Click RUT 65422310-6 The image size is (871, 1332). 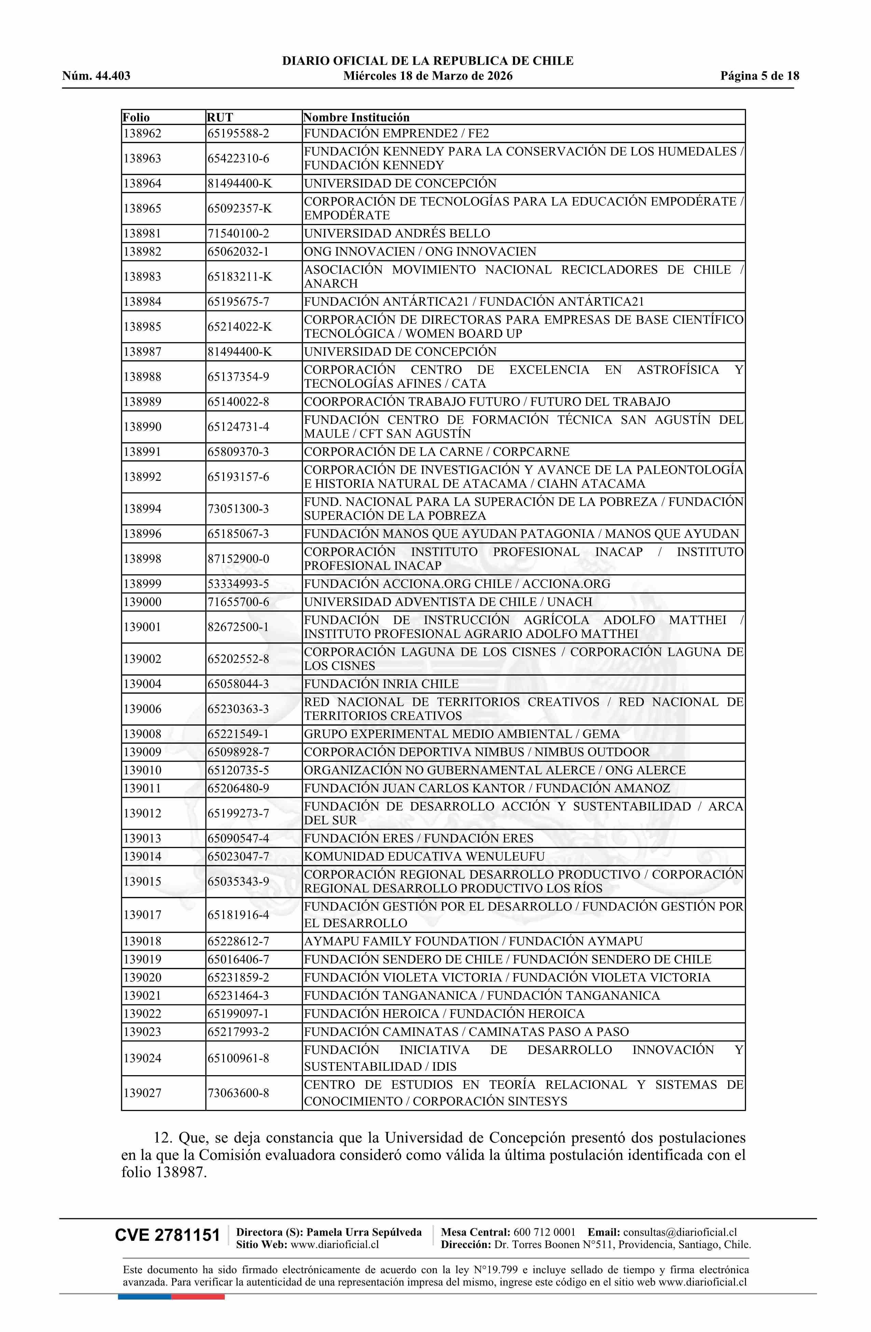point(238,158)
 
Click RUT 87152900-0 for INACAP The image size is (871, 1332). point(238,558)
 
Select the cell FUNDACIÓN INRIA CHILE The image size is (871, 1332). point(381,684)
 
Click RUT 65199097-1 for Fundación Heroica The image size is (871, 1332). point(238,1014)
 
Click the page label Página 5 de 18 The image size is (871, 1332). point(760,76)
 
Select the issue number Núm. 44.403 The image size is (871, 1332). point(96,76)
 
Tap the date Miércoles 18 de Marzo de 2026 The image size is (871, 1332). point(428,76)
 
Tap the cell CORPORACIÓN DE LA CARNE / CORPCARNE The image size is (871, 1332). point(437,452)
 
